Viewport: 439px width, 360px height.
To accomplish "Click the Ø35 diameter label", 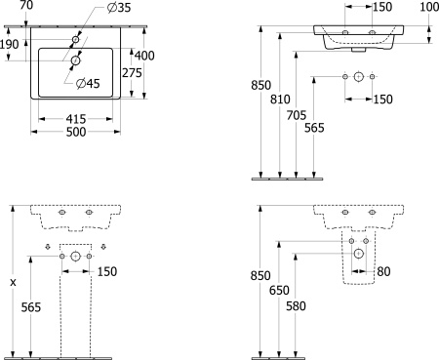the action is pos(119,8).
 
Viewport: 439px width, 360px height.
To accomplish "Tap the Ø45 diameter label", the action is pos(88,84).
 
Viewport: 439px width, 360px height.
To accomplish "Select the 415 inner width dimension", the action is pos(76,119).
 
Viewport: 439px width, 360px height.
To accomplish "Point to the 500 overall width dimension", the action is pos(76,132).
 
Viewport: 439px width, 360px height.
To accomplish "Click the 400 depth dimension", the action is pos(144,56).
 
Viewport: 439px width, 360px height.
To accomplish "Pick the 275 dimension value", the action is pos(132,73).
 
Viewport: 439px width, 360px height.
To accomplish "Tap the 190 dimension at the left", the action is pos(10,44).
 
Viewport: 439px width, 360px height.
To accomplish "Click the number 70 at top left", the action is pos(26,5).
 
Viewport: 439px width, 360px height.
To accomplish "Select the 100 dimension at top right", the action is pos(429,7).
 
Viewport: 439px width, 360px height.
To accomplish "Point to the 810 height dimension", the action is pos(280,100).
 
